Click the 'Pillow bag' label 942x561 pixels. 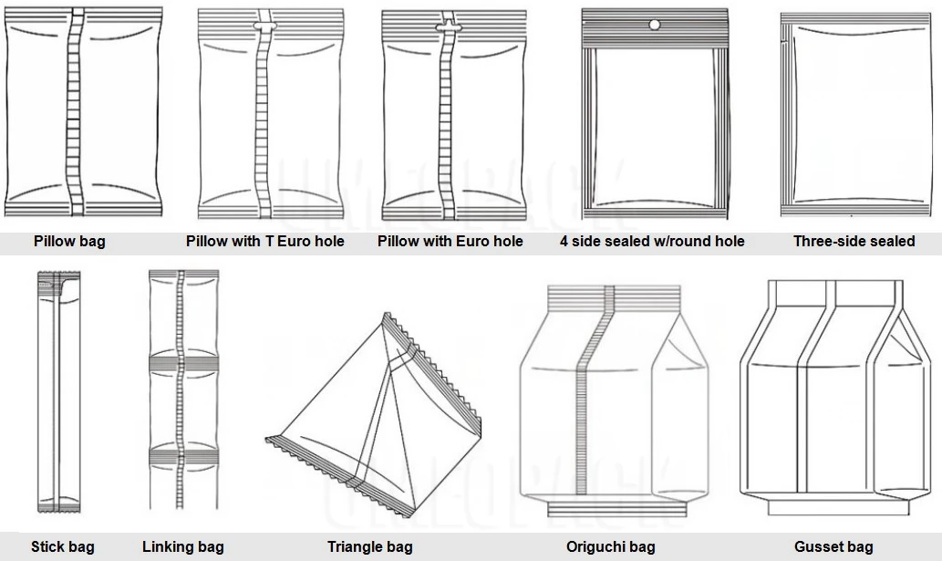pos(69,242)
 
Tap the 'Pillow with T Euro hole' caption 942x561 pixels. pos(265,242)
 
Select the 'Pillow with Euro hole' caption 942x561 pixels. pos(450,242)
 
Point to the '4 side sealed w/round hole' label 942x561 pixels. pos(652,242)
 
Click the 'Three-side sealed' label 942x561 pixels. pos(854,242)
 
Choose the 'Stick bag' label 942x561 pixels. pos(63,547)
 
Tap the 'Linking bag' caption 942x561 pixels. pos(182,547)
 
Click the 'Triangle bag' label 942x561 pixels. pos(369,547)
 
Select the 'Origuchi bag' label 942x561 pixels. pos(610,547)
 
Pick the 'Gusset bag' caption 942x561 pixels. pos(833,547)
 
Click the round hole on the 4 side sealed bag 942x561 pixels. pos(654,26)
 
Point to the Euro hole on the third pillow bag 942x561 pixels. pos(447,26)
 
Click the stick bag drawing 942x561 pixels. pos(58,391)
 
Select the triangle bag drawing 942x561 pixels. pos(374,414)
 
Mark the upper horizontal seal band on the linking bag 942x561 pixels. pos(184,363)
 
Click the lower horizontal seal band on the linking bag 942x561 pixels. pos(184,456)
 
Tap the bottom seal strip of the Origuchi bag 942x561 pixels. pos(617,510)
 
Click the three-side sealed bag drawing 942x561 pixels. pos(854,115)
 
